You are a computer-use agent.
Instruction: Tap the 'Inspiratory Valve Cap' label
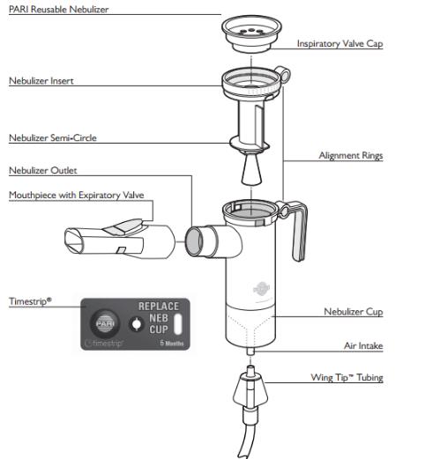click(339, 43)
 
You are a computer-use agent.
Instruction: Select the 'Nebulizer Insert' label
click(41, 80)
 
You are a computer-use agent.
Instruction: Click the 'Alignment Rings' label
click(350, 155)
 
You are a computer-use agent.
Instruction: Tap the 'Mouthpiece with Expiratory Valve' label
click(76, 195)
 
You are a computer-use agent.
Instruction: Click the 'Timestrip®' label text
click(30, 300)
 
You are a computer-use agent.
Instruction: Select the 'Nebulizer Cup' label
click(353, 311)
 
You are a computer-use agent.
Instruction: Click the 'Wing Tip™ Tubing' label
click(345, 378)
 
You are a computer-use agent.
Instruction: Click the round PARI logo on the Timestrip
click(105, 321)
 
